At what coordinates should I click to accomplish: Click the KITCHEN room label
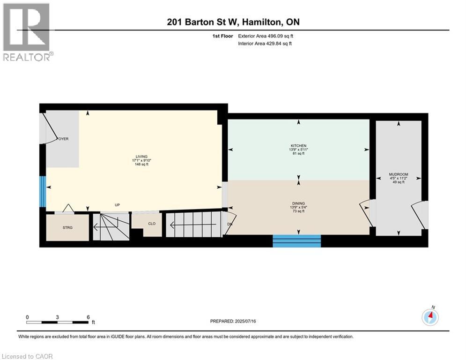tap(298, 146)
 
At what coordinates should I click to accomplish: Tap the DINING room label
tap(298, 203)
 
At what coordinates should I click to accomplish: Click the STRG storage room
tap(67, 228)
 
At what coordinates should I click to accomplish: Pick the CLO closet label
tap(152, 224)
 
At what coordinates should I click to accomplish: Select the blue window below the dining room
tap(296, 241)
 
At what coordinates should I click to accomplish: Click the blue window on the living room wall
tap(43, 191)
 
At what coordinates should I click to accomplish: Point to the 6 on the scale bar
tap(88, 317)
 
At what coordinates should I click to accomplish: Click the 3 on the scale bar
tap(57, 317)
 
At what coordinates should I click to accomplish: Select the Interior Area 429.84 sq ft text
tap(265, 44)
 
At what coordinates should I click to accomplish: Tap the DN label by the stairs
tap(230, 224)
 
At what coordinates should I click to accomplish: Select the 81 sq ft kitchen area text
tap(298, 153)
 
